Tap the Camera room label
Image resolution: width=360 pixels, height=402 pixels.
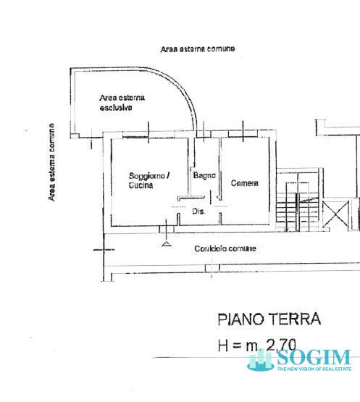tap(245, 183)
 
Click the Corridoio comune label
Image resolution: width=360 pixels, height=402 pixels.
tap(225, 248)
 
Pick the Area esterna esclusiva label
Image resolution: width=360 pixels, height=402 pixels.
tap(122, 103)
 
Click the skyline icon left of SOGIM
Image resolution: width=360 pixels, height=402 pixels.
tap(259, 361)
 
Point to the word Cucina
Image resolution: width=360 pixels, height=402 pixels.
tap(141, 185)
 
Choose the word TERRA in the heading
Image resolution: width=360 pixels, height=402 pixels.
tap(293, 319)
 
